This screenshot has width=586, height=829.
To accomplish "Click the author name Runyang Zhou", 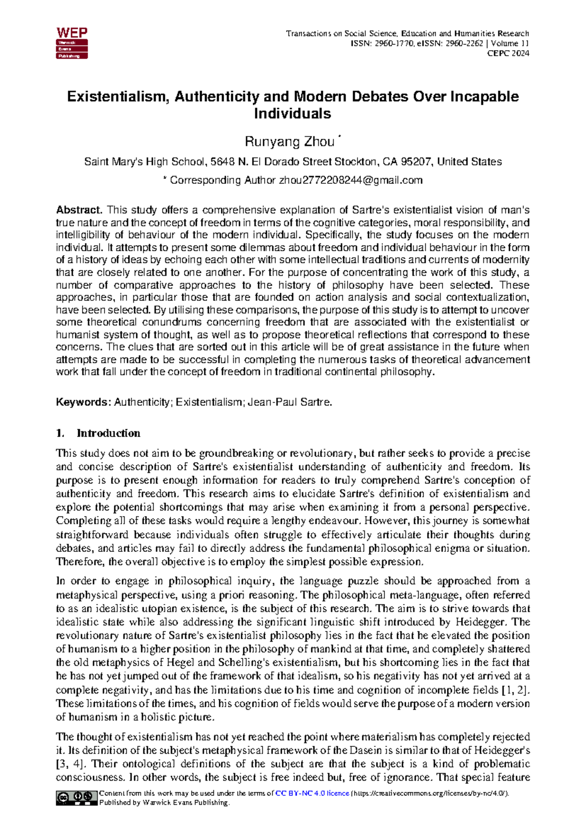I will point(289,142).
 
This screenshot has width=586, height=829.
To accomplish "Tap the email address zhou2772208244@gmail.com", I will point(350,180).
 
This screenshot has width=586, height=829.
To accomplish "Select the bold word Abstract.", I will point(79,210).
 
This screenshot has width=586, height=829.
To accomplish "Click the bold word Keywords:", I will point(84,402).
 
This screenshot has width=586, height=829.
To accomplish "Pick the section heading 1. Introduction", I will point(98,433).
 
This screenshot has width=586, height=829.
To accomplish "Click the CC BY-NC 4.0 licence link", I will point(312,793).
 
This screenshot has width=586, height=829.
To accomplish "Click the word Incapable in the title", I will point(484,96).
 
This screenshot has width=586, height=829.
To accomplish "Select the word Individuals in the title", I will point(292,114).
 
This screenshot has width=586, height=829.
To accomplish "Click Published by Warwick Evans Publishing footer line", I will point(164,803).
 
